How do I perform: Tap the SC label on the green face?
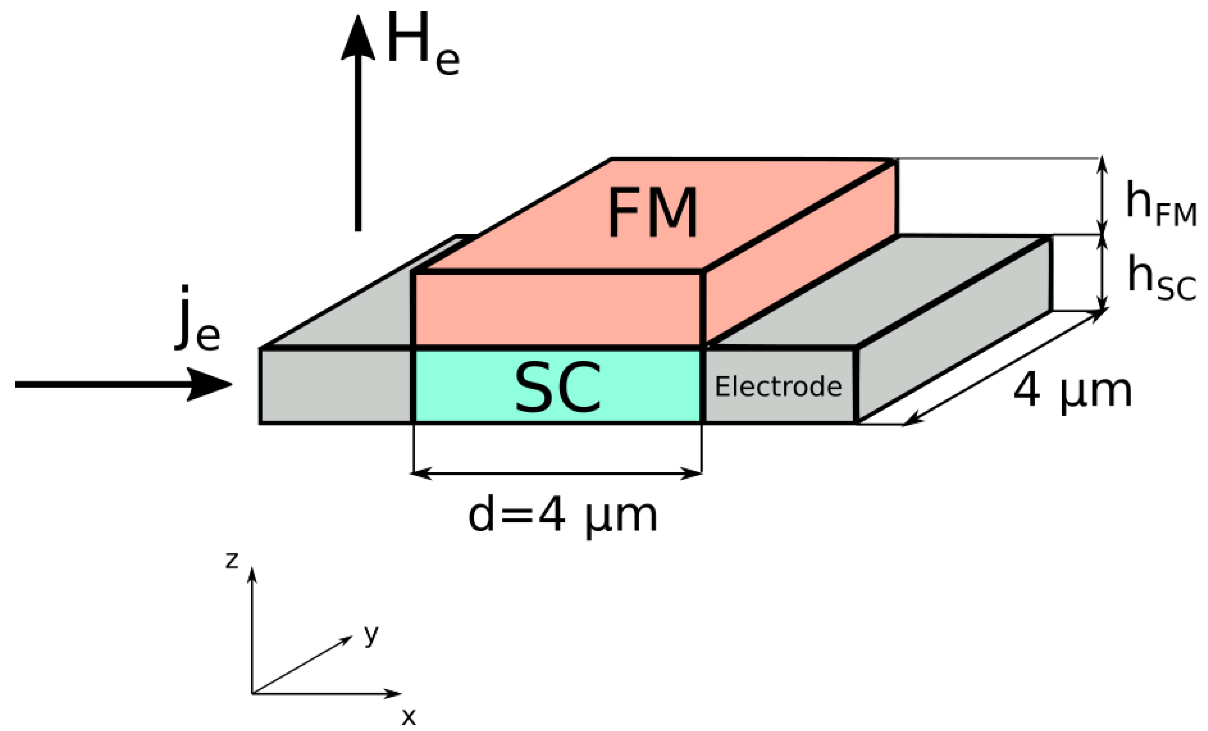pos(558,387)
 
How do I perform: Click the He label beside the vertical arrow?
pos(422,45)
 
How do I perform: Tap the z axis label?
pos(232,560)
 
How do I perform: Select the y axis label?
pos(371,635)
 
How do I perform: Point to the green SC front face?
pos(471,387)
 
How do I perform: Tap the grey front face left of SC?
pos(336,386)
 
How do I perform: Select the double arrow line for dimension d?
pos(558,473)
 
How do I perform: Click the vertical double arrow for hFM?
pos(1102,196)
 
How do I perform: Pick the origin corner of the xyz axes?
pos(252,694)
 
